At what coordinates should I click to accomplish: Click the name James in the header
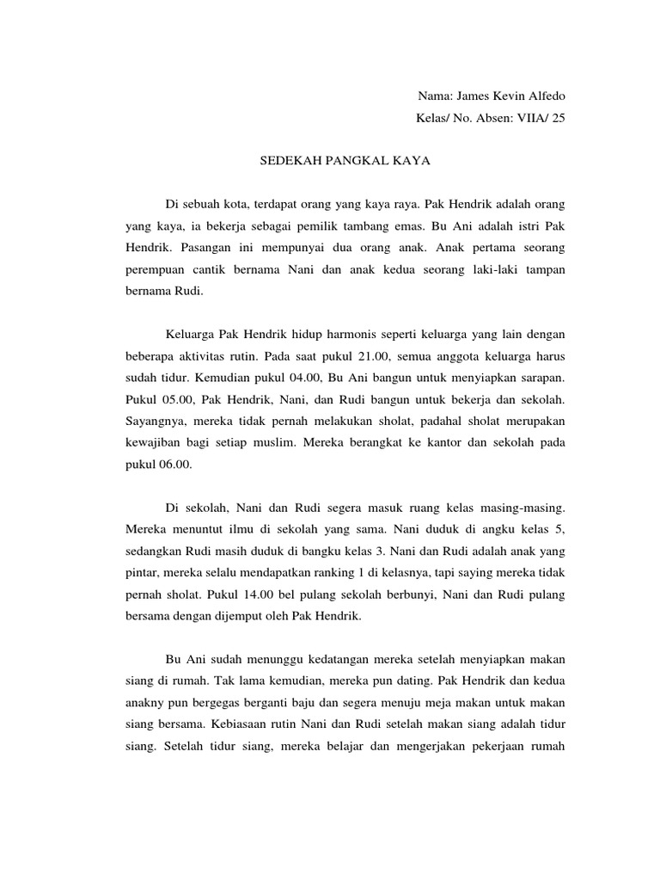pos(472,95)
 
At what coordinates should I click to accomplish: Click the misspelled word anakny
pos(143,703)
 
